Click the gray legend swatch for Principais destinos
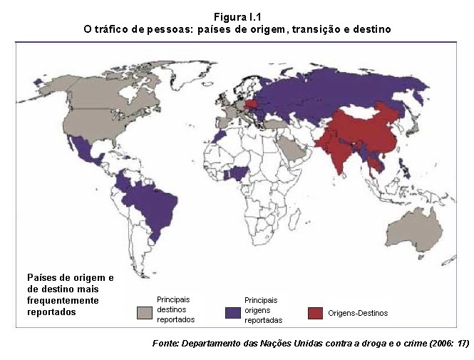tap(145, 312)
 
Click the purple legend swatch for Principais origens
tap(233, 312)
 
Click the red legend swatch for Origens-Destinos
tap(316, 312)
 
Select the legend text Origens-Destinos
tap(358, 313)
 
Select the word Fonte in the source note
tap(166, 343)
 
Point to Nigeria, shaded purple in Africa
tap(236, 173)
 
